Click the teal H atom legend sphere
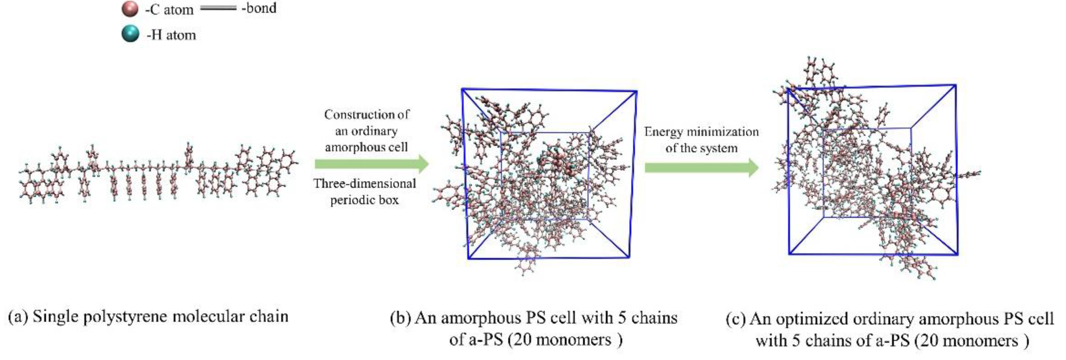[130, 34]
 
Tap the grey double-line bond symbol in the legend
[218, 8]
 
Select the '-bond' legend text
[259, 8]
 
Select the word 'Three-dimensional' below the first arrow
[364, 183]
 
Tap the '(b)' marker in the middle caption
[400, 318]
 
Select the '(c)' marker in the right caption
[736, 319]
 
